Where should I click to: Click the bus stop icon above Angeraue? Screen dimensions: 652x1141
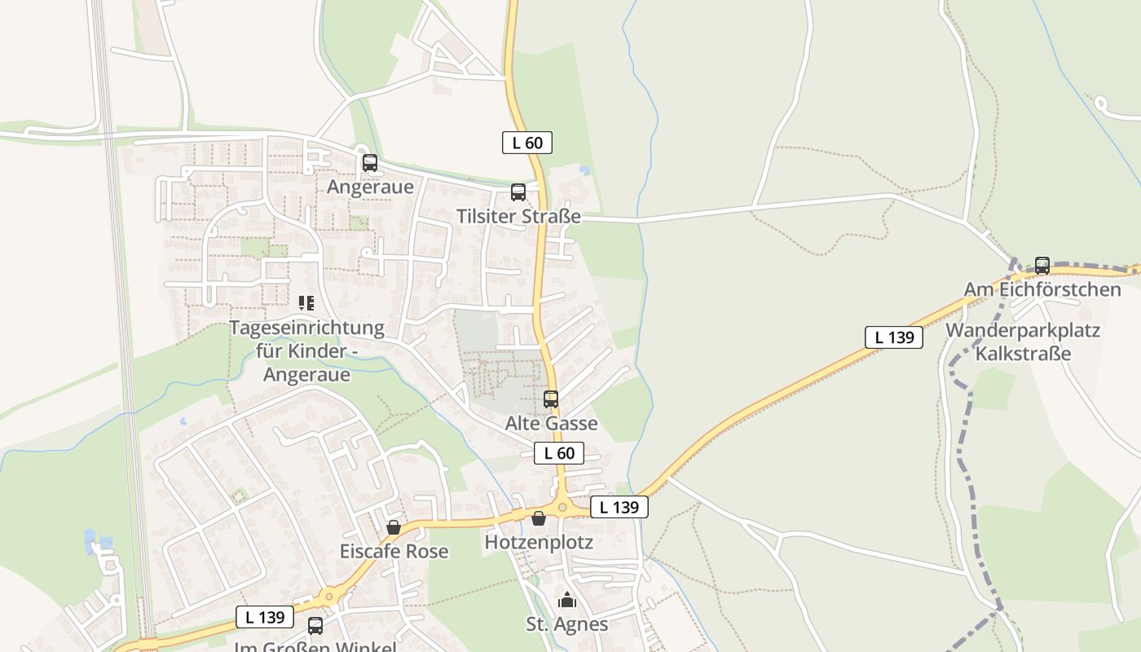pos(370,163)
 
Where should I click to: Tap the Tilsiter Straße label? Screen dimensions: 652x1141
pos(518,216)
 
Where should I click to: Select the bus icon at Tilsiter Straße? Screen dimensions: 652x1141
pos(518,192)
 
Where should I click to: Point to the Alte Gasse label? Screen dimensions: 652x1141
pos(551,423)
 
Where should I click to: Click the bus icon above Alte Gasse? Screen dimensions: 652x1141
pos(551,399)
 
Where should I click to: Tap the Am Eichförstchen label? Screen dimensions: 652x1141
pos(1042,289)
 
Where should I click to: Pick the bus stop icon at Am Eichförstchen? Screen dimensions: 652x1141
pos(1042,266)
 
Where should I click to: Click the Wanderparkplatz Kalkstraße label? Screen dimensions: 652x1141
pos(1023,342)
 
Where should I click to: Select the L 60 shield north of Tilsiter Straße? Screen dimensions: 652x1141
pos(527,143)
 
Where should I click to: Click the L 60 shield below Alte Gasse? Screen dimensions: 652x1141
pos(559,453)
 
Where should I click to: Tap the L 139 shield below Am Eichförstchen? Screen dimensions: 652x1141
pos(894,337)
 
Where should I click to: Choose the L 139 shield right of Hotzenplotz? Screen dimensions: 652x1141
pos(619,507)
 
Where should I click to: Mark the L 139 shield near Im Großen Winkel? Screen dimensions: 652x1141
pos(265,617)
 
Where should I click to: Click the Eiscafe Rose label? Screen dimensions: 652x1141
pos(394,551)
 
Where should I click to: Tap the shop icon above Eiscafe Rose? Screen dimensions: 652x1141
pos(394,527)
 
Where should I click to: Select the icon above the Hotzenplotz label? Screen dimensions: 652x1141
pos(539,518)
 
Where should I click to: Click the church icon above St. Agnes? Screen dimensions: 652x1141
pos(567,601)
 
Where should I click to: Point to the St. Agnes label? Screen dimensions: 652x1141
pos(567,624)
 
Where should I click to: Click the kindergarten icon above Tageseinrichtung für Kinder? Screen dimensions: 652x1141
pos(306,303)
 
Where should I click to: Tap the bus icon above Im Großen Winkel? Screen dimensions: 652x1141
pos(315,625)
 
